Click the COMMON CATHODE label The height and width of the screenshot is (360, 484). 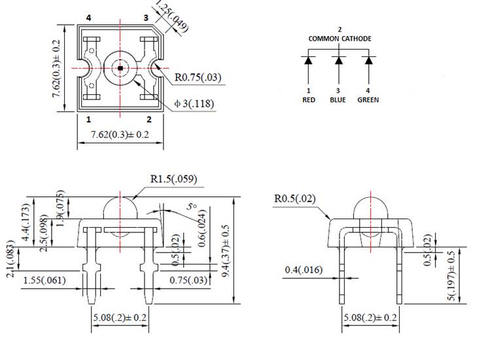click(339, 39)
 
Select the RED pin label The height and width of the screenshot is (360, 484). click(309, 100)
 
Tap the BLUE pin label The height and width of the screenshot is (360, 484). click(339, 100)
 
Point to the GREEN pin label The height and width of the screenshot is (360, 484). click(368, 100)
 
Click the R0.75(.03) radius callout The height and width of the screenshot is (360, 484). click(198, 78)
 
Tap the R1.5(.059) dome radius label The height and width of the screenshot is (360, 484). click(174, 179)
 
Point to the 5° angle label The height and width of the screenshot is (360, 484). click(192, 206)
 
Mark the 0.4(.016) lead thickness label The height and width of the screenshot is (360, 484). click(305, 270)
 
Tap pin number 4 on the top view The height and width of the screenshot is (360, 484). click(88, 18)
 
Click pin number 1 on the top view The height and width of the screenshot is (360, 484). click(88, 119)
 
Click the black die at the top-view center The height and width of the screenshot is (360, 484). click(120, 67)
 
